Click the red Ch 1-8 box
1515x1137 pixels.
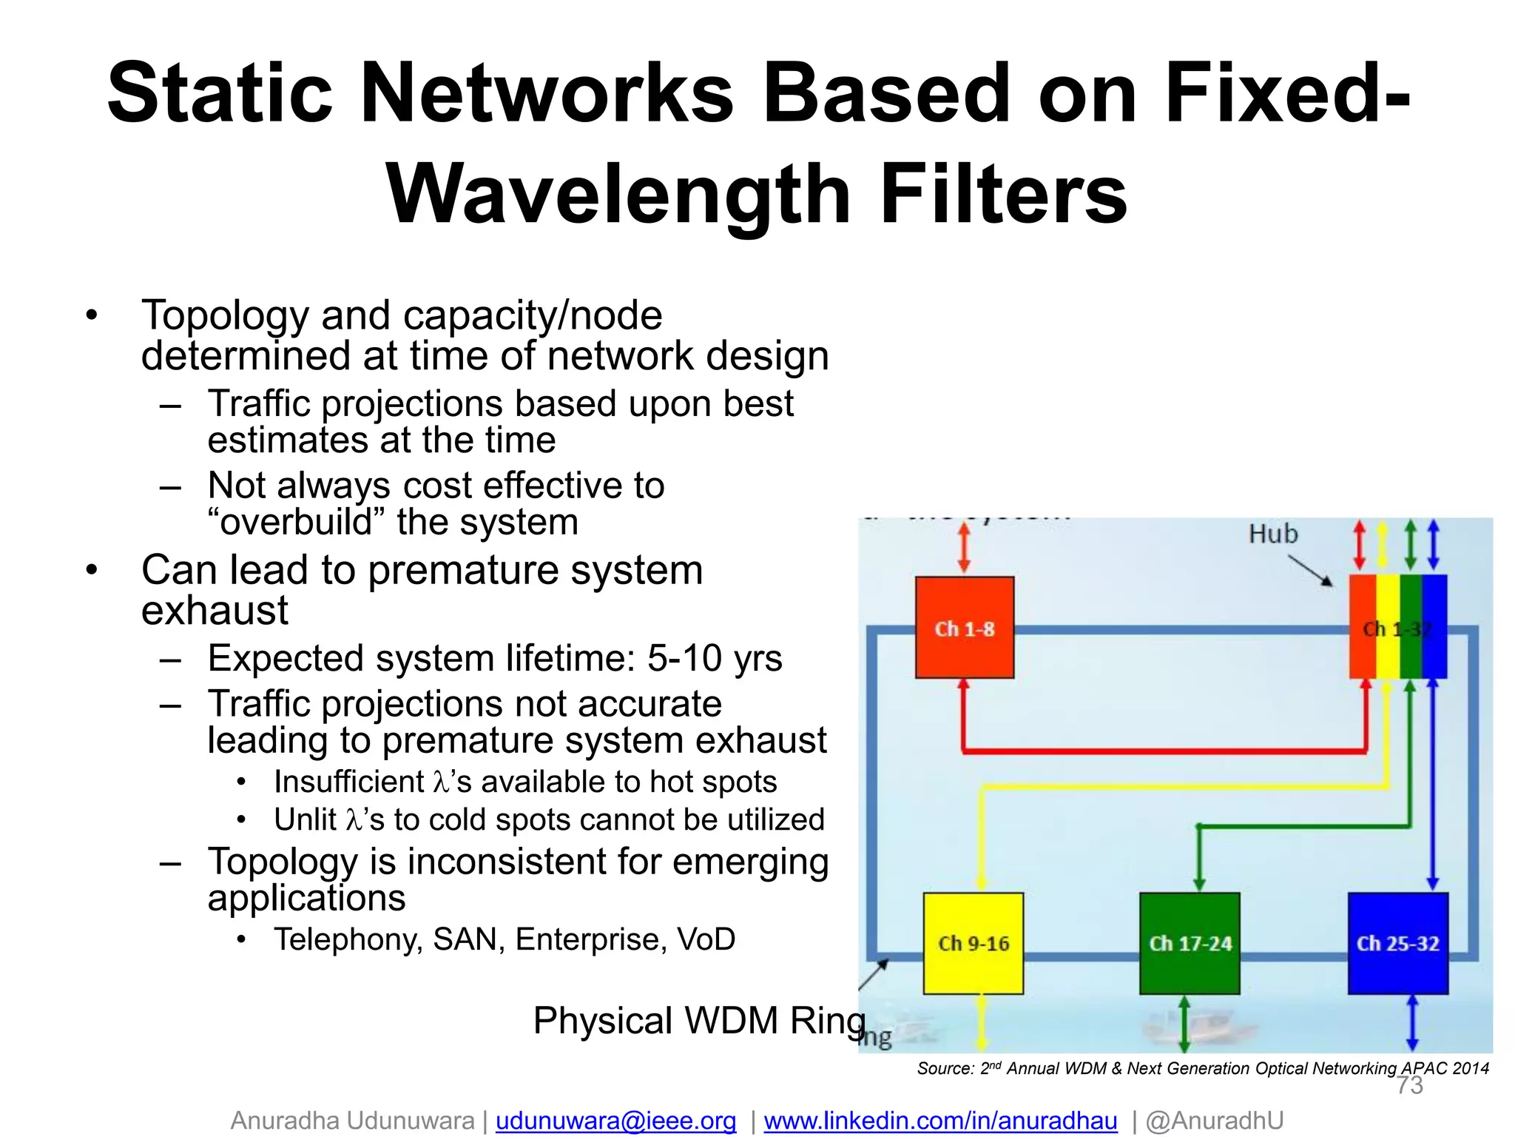[964, 627]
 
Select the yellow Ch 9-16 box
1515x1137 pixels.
[973, 943]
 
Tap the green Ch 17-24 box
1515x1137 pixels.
[1190, 943]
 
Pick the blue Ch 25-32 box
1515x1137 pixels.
[1397, 943]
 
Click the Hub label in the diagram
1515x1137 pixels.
[1272, 534]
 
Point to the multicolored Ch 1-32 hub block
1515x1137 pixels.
[1397, 627]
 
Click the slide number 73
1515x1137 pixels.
[1409, 1086]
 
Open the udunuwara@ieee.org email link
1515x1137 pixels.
[615, 1120]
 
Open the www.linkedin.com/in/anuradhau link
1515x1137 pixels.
[940, 1120]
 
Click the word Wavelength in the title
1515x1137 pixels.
[618, 194]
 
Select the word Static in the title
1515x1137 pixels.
[220, 94]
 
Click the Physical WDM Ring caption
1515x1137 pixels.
[698, 1020]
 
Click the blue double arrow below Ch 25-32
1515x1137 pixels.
[1411, 1022]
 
